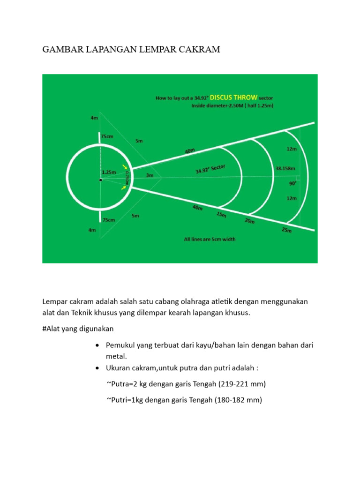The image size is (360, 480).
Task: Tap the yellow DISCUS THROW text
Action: [233, 97]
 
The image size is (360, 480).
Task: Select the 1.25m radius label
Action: [109, 172]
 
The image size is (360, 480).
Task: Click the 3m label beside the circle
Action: [150, 175]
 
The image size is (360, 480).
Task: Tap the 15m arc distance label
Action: [221, 215]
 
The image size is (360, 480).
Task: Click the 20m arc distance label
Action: [250, 221]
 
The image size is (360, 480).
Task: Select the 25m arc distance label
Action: [285, 230]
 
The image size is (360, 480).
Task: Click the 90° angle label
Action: [292, 184]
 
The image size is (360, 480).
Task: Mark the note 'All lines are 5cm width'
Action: [210, 239]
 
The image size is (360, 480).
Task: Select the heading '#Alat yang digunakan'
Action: [78, 328]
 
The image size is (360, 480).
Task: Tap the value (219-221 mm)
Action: [240, 384]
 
